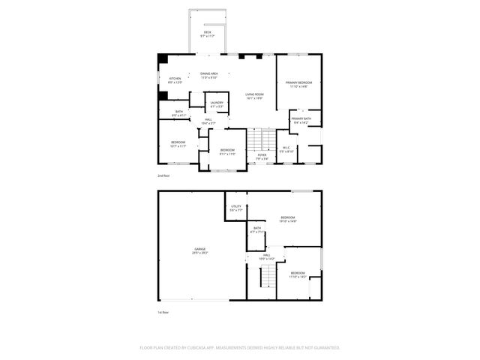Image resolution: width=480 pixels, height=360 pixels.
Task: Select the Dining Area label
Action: point(208,75)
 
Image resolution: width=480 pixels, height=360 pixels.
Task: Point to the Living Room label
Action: point(254,96)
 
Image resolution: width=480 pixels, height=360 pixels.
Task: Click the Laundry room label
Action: point(216,104)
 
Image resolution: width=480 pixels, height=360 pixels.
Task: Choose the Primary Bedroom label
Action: point(298,84)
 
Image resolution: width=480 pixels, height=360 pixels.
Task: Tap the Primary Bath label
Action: point(301,119)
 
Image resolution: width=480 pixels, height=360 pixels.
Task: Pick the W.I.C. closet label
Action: point(286,148)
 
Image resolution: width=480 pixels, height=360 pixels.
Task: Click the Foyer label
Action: point(262,157)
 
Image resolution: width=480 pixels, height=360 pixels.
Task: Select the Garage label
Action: point(200,250)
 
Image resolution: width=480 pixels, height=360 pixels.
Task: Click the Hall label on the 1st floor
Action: point(266,257)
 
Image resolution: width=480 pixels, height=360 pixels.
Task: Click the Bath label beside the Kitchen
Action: point(178,113)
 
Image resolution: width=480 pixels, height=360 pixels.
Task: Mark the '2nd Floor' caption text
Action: point(163,175)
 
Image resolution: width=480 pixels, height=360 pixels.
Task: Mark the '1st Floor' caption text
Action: point(163,312)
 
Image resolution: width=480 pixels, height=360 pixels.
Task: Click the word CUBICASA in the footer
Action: point(193,348)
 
